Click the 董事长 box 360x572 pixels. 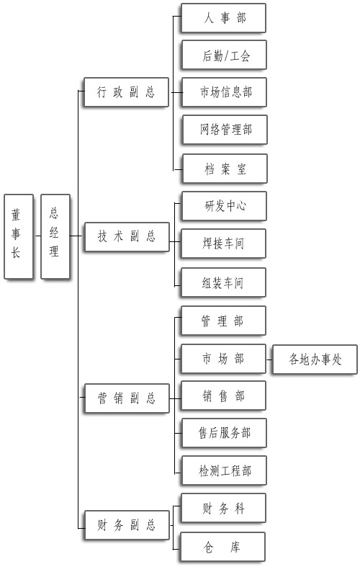pos(19,236)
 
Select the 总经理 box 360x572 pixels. pos(55,236)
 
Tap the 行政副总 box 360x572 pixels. pos(126,92)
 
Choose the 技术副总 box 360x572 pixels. pos(127,237)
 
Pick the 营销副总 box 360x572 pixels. pos(127,398)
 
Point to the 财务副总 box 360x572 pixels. pos(127,525)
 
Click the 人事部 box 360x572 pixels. pos(224,18)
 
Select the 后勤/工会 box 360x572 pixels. pos(225,55)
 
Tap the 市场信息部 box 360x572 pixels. pos(225,92)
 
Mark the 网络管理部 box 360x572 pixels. pos(225,130)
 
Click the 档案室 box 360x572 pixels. pos(225,168)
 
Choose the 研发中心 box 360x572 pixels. pos(225,206)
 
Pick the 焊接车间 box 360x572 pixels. pos(224,243)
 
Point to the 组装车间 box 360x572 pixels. pos(224,282)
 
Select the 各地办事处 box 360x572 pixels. pos(315,359)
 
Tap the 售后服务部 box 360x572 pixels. pos(225,433)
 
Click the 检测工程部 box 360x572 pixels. pos(225,470)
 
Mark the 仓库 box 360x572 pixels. pos(223,547)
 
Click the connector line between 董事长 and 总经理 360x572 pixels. pos(37,236)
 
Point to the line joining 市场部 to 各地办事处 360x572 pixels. pos(269,359)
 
